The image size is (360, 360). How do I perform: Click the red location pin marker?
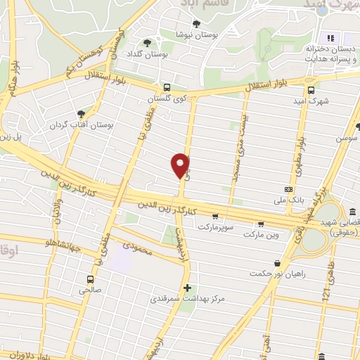pos(181,165)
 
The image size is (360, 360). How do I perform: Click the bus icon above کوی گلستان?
pos(166,88)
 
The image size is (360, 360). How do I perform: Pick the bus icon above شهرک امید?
pos(311,89)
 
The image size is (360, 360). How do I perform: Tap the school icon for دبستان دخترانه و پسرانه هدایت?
pos(328,38)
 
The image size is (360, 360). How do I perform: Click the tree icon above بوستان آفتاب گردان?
pos(83,114)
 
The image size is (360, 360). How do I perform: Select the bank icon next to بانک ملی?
pos(288,190)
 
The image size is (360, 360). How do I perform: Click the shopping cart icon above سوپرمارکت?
pos(214,217)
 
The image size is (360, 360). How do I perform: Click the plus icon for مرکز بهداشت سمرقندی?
pos(187,287)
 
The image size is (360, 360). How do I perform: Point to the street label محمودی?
pos(140,249)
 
